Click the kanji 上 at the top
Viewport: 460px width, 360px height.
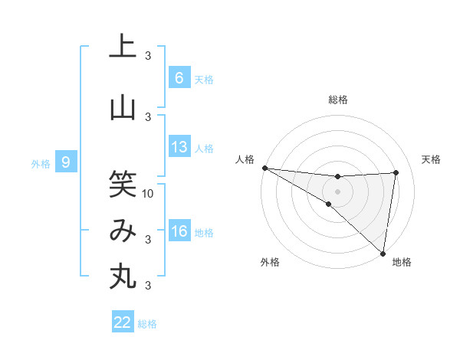point(123,46)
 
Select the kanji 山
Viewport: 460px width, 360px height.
point(123,107)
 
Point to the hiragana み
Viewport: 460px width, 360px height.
point(123,231)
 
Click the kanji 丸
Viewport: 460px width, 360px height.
point(123,277)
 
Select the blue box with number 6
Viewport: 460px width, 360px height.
point(179,78)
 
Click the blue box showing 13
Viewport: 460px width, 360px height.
point(179,148)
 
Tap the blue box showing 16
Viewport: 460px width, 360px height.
point(179,232)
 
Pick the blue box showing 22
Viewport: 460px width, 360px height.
point(123,322)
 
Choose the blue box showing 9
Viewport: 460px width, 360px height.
point(66,162)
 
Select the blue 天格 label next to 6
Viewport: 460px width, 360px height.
point(203,80)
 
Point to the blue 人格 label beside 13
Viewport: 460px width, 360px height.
point(203,149)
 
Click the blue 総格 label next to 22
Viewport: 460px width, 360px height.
point(147,324)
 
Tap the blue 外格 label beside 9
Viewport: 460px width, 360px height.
point(41,163)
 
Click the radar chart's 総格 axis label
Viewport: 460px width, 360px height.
point(337,100)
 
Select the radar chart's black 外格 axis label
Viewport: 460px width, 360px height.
point(270,262)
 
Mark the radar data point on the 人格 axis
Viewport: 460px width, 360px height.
point(264,168)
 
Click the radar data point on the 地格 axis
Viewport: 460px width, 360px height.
point(383,253)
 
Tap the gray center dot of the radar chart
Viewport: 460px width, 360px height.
point(337,190)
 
